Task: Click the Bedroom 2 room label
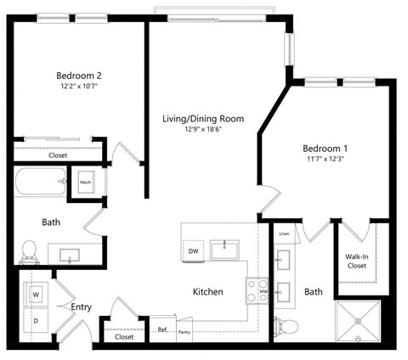point(80,75)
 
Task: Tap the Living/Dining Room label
point(203,119)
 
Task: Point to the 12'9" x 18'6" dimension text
point(203,130)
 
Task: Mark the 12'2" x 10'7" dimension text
point(80,86)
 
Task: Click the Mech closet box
point(86,183)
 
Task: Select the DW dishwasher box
point(193,251)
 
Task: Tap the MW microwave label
point(263,292)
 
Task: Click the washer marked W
point(37,295)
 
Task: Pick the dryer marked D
point(37,322)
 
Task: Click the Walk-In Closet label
point(356,260)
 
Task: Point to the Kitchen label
point(208,291)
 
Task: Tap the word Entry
point(82,307)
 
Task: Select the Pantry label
point(184,333)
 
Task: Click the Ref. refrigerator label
point(161,330)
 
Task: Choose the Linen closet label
point(284,233)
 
